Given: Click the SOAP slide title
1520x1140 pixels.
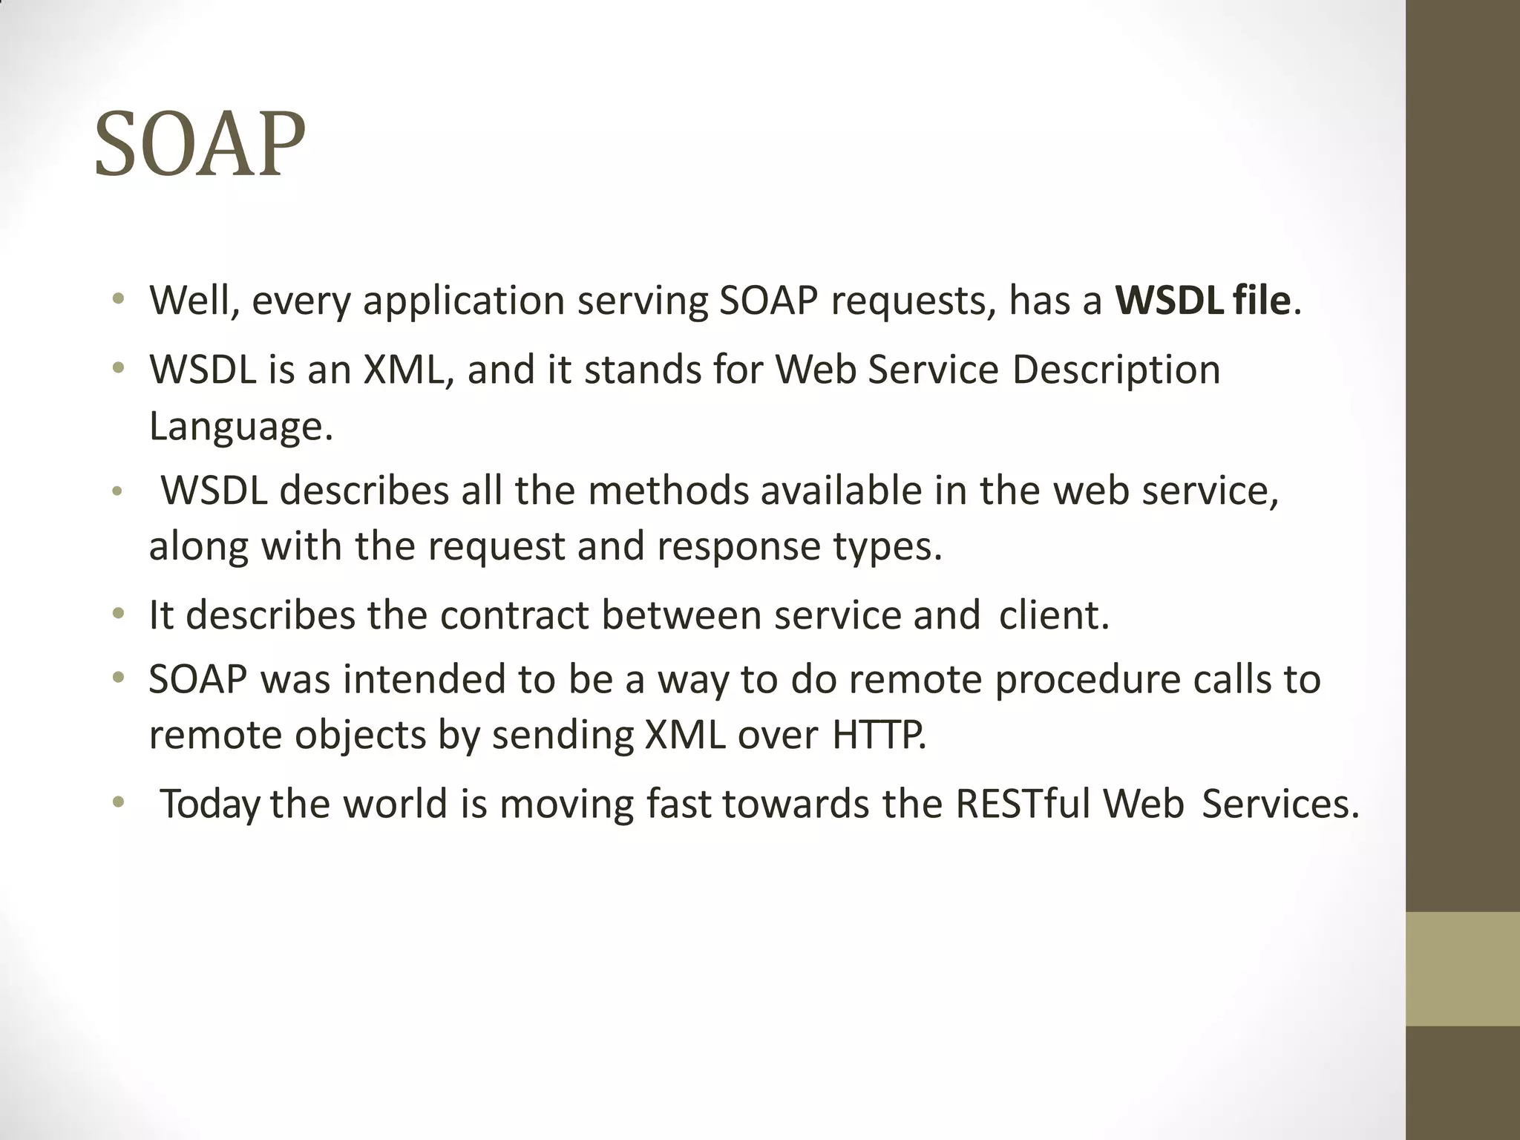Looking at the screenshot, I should point(199,144).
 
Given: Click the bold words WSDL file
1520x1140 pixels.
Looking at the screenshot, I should point(1202,301).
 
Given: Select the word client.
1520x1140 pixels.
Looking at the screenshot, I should point(1054,615).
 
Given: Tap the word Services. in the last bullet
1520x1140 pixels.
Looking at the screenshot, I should point(1280,804).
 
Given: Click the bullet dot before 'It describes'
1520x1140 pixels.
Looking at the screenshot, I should point(117,615).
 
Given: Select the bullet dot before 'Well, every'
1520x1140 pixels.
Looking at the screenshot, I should point(117,300).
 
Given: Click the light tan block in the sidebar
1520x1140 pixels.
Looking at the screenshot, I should point(1462,969).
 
